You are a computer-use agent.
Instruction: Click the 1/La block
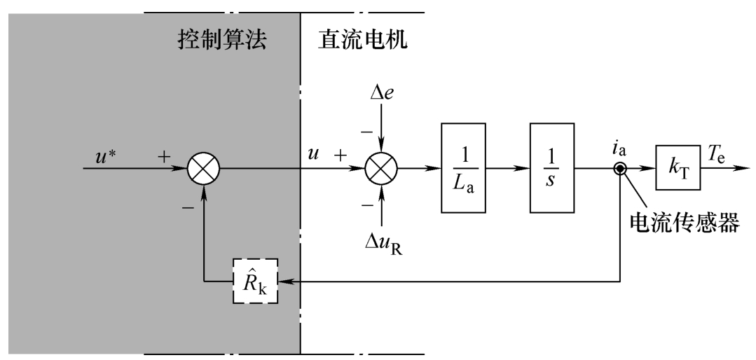point(464,169)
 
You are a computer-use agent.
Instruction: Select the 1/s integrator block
point(553,169)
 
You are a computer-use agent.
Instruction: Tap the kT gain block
point(678,169)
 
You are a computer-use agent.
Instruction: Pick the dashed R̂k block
point(255,281)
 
